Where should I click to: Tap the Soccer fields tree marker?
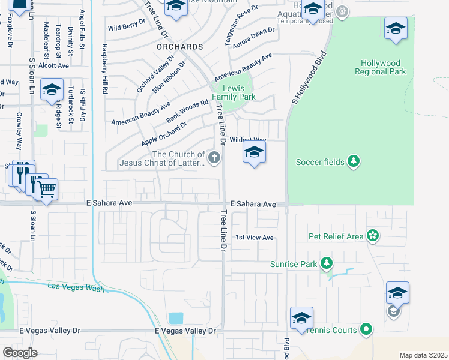click(x=354, y=161)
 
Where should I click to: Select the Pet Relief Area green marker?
click(x=373, y=236)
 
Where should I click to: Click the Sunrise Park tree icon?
click(x=327, y=263)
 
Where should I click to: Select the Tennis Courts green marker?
click(x=366, y=329)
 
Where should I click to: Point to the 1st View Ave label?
click(x=254, y=238)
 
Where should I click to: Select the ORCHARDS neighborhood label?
click(x=179, y=46)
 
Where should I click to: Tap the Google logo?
click(x=20, y=352)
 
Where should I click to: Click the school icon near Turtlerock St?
click(x=52, y=90)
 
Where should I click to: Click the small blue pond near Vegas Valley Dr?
click(x=176, y=318)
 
